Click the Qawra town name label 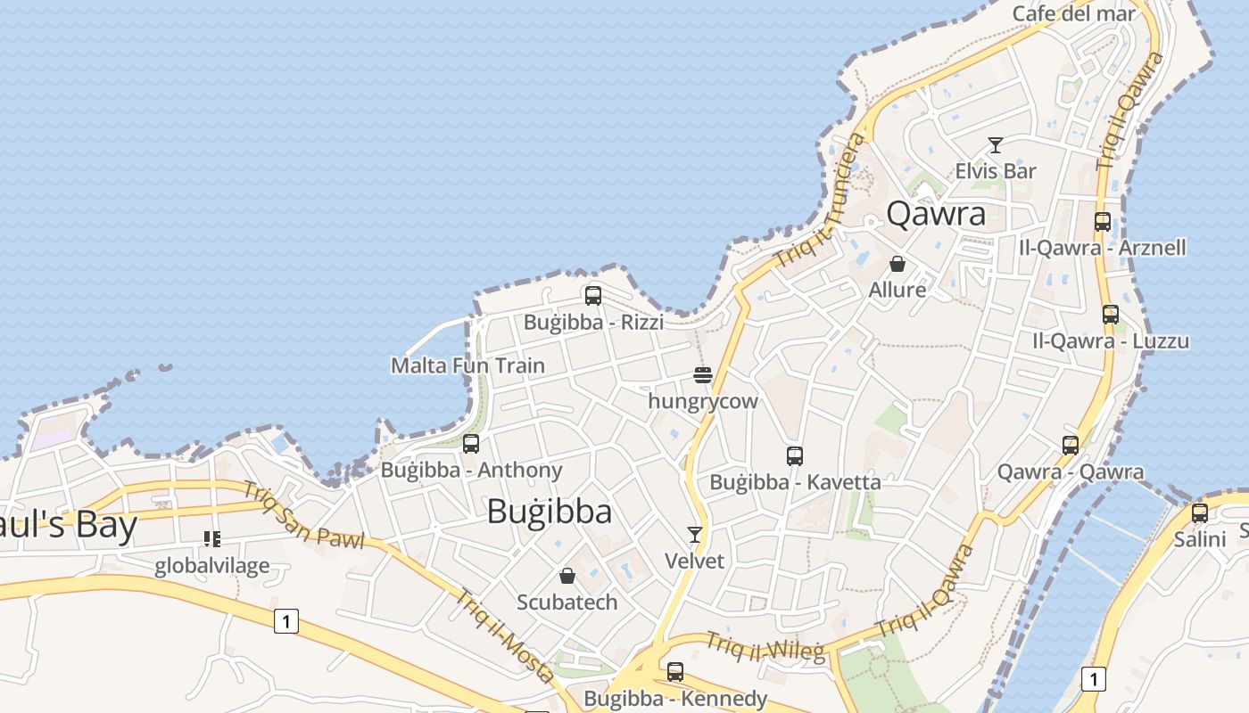(x=936, y=214)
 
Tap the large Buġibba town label (x=550, y=512)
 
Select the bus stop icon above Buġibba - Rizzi (x=593, y=296)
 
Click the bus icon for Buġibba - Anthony (x=471, y=443)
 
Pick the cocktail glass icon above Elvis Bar (x=996, y=144)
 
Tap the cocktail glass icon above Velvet (x=695, y=535)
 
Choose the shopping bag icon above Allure (x=897, y=264)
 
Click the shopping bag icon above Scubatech (x=567, y=576)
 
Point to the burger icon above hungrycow (x=703, y=375)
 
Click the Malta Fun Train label (x=467, y=365)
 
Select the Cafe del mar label (x=1074, y=13)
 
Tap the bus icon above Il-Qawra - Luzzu (x=1111, y=315)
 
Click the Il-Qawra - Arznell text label (x=1103, y=247)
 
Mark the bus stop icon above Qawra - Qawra (x=1071, y=445)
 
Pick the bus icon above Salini (x=1200, y=513)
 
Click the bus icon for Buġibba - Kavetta (x=795, y=456)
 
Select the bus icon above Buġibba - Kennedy (x=675, y=672)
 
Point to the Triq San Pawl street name (x=303, y=516)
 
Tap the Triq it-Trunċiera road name (x=821, y=201)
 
